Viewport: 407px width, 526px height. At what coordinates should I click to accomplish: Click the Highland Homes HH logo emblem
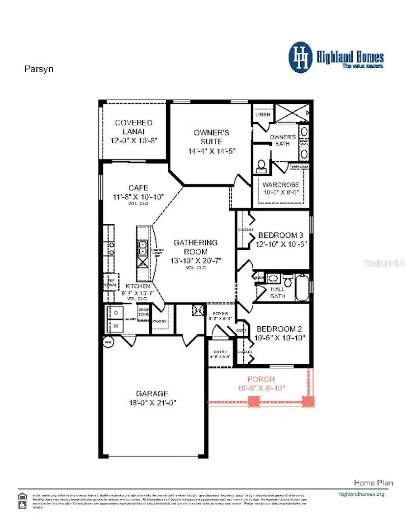point(301,57)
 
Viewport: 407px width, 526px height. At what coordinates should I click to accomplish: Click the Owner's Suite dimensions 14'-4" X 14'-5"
point(212,151)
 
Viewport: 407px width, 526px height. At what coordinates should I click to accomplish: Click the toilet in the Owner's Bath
point(261,166)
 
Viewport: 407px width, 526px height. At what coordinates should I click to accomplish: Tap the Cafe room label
point(138,188)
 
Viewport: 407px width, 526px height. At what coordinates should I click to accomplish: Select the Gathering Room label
point(195,247)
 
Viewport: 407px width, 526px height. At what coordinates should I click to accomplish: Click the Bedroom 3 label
point(280,235)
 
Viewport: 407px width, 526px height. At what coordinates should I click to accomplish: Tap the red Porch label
point(261,379)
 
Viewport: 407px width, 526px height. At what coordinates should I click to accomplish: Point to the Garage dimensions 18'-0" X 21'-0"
point(152,403)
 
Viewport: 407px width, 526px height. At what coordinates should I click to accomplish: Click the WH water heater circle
point(108,343)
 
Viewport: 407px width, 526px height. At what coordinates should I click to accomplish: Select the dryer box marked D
point(115,313)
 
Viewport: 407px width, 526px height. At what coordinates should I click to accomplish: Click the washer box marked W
point(115,326)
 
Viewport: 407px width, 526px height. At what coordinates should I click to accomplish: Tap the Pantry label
point(160,321)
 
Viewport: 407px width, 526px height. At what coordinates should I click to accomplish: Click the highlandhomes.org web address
point(361,494)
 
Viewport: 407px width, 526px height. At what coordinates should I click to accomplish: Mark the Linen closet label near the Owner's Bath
point(263,114)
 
